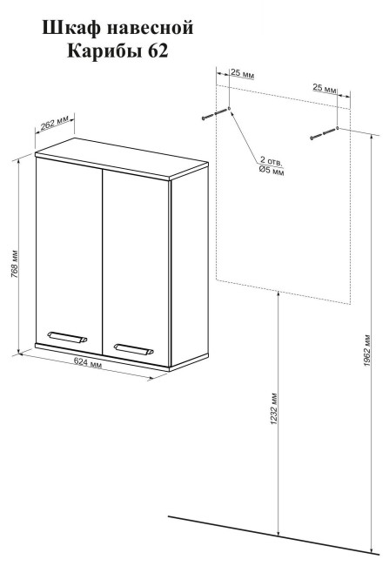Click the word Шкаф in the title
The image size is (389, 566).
(x=71, y=28)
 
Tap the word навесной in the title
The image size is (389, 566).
(x=150, y=29)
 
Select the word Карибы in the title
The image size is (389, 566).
(x=104, y=51)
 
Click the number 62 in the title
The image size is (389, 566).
(x=158, y=51)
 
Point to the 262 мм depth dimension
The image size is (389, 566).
(x=54, y=124)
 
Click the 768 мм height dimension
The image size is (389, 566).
(x=15, y=264)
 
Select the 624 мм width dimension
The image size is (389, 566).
(x=88, y=362)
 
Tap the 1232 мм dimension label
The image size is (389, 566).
(x=274, y=408)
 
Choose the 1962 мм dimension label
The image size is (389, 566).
(x=367, y=351)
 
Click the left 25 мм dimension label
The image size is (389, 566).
(x=242, y=73)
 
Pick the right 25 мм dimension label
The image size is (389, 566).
(x=325, y=87)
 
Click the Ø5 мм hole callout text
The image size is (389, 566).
(x=272, y=170)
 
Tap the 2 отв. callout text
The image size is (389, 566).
(x=272, y=161)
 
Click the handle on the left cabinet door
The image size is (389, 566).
(x=68, y=336)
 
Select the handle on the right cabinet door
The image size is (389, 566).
(x=133, y=348)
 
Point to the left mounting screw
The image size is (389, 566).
(x=214, y=114)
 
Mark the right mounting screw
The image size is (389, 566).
(x=323, y=133)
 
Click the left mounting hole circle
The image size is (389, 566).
(x=229, y=108)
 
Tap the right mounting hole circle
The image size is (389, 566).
(x=337, y=127)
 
